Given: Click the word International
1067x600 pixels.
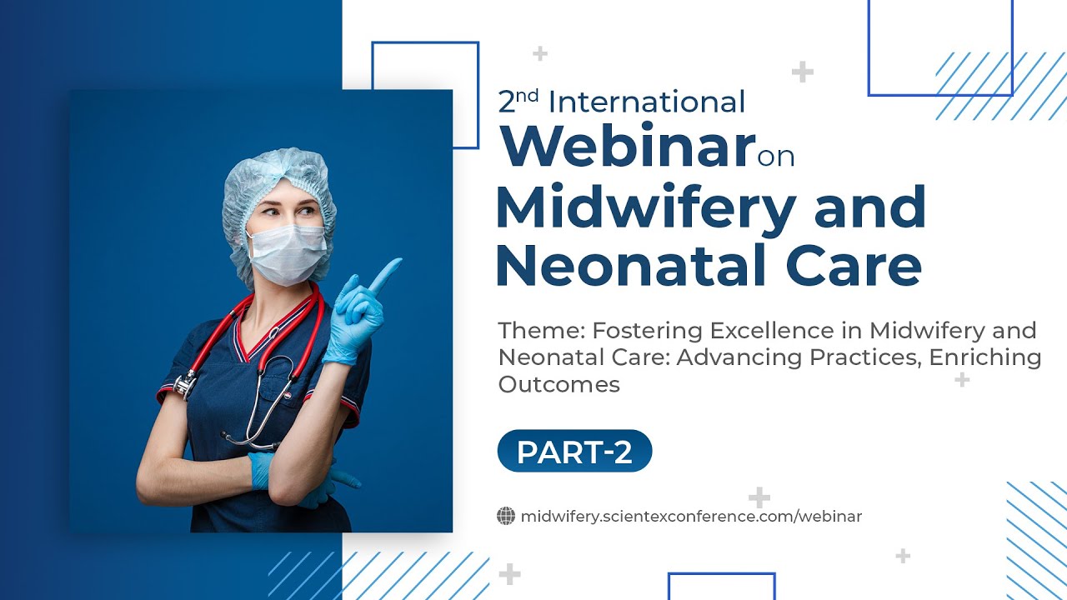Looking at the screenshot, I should [647, 102].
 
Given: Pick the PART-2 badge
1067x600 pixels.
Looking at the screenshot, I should [574, 452].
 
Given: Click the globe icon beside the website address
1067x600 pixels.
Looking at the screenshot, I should [505, 517].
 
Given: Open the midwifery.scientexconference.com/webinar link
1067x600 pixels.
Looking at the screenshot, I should [691, 517].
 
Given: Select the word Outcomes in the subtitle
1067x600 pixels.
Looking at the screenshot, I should [559, 384].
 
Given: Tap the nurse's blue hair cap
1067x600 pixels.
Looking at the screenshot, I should [275, 179].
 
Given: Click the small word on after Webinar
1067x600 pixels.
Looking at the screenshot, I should [776, 156].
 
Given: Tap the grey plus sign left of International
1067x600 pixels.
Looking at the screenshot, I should [540, 54].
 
